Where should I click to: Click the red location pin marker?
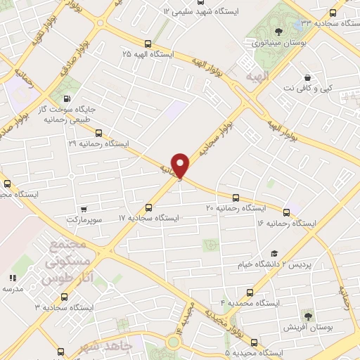click(181, 165)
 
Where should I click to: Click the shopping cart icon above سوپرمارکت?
click(84, 209)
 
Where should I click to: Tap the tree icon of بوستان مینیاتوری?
click(279, 31)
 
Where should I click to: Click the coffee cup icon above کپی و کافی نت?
click(307, 77)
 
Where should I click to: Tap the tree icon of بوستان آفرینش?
click(307, 316)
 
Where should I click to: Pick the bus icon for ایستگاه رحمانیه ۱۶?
click(286, 212)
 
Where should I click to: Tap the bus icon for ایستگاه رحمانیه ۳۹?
click(98, 132)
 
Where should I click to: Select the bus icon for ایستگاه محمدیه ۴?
click(250, 292)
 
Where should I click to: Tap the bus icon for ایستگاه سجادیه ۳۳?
click(332, 13)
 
